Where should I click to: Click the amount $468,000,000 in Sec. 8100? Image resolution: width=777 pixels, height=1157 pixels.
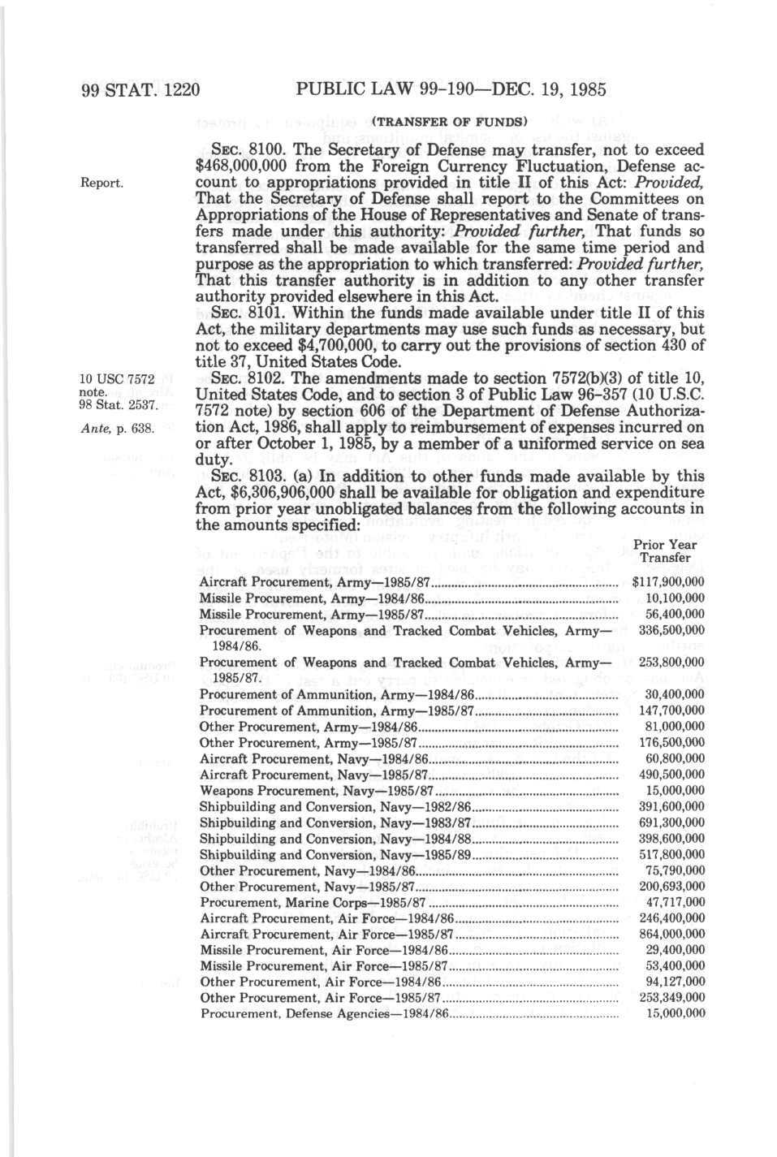(x=248, y=167)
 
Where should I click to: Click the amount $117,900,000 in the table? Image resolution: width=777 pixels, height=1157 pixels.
(x=667, y=582)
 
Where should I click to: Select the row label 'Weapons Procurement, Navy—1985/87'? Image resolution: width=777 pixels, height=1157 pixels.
(x=317, y=791)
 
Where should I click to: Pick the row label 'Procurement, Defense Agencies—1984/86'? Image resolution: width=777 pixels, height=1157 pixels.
(x=325, y=1014)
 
